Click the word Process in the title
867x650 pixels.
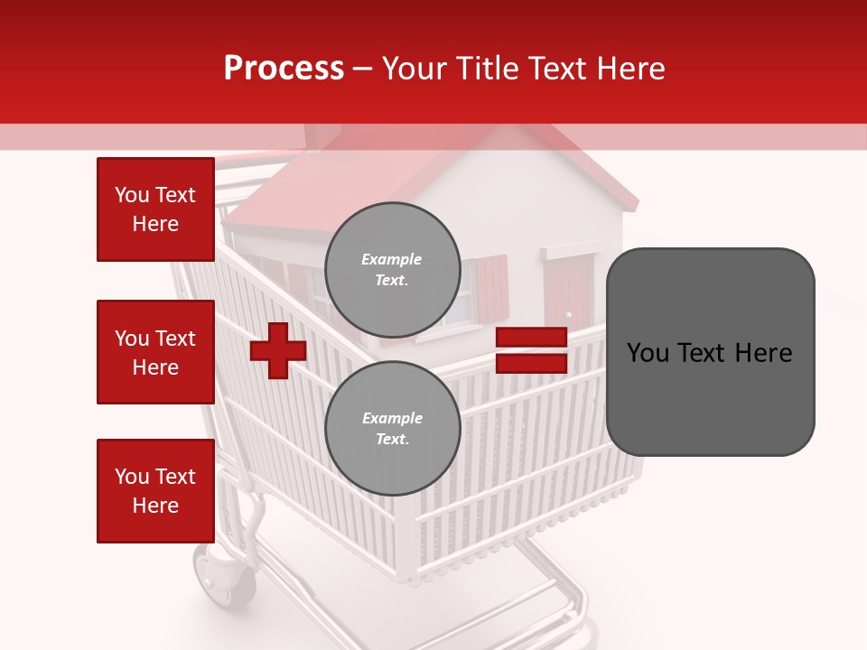[284, 69]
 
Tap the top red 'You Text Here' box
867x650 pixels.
[155, 209]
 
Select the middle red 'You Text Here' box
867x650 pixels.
[155, 352]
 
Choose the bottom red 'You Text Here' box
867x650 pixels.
[155, 491]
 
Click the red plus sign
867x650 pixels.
[278, 350]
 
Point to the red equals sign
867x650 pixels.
[531, 350]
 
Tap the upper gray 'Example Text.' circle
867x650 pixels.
[392, 269]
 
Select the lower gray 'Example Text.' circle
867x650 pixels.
[392, 428]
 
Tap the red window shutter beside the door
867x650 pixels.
[492, 287]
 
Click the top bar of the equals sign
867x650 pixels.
[531, 338]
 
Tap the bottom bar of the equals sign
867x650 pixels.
[531, 363]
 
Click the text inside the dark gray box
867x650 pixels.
[710, 353]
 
